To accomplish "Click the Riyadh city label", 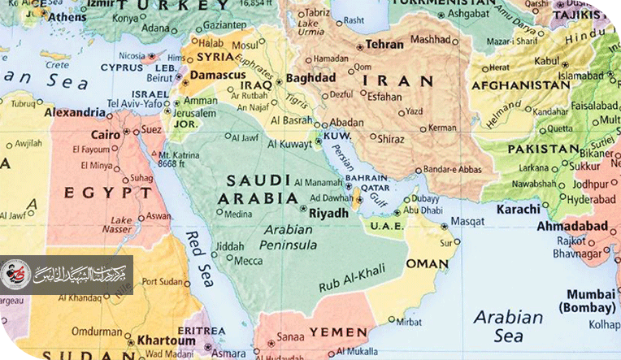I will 329,213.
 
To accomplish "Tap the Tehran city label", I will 384,45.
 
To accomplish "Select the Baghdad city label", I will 311,78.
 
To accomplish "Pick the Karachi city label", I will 517,209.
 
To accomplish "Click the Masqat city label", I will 467,221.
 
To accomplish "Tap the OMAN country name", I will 427,264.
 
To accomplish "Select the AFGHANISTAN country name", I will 520,85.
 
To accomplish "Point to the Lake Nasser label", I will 122,225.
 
